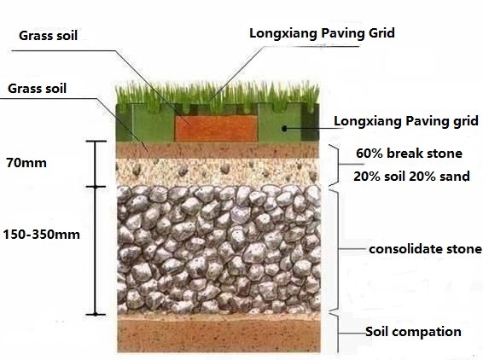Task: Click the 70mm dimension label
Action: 26,163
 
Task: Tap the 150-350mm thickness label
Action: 42,235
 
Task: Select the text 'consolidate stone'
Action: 425,249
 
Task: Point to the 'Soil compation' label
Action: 413,332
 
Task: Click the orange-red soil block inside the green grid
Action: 216,129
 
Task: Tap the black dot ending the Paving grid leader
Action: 285,129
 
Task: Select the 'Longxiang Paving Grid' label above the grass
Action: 322,33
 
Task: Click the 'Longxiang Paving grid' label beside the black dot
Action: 406,121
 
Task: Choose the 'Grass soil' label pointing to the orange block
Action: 48,36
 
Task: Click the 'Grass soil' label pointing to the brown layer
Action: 37,89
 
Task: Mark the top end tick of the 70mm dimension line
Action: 96,142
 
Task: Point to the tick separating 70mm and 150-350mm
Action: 96,187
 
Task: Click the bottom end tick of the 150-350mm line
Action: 96,315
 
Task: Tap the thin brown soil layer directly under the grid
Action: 217,150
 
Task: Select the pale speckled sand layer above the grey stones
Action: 217,171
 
